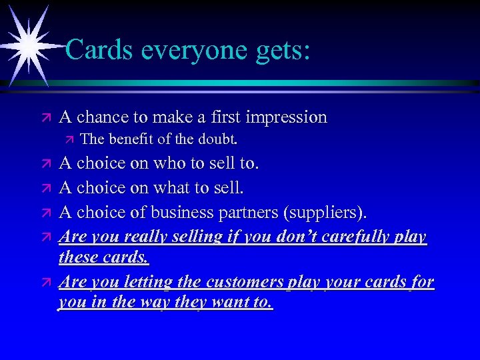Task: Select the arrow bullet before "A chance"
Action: pos(46,118)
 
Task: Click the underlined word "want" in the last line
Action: pos(233,302)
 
